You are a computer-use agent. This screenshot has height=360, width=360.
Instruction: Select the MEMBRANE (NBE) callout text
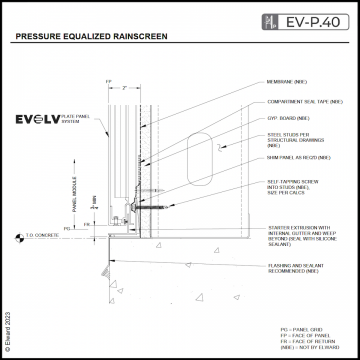290,85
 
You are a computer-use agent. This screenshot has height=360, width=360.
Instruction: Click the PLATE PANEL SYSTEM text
87,120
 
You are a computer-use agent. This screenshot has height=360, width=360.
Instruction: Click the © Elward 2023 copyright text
7,325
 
